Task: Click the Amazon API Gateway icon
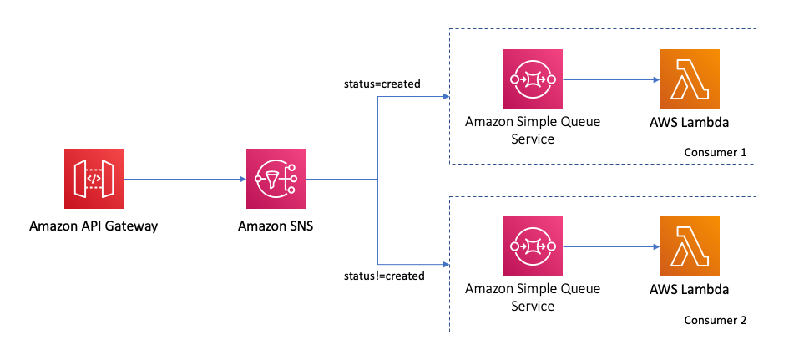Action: pyautogui.click(x=94, y=179)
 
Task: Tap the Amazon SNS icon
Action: pyautogui.click(x=276, y=179)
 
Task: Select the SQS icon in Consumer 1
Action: pyautogui.click(x=533, y=79)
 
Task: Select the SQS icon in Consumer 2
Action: pyautogui.click(x=533, y=246)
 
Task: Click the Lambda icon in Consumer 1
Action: pyautogui.click(x=689, y=79)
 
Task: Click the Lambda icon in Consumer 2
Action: pyautogui.click(x=689, y=246)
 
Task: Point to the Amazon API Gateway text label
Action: pyautogui.click(x=94, y=226)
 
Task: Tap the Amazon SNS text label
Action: pyautogui.click(x=276, y=226)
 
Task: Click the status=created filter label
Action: pyautogui.click(x=382, y=84)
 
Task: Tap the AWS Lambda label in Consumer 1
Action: pyautogui.click(x=689, y=122)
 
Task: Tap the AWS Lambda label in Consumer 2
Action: pyautogui.click(x=689, y=289)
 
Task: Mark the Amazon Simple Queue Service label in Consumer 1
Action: pyautogui.click(x=533, y=130)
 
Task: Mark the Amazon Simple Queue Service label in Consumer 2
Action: pyautogui.click(x=533, y=297)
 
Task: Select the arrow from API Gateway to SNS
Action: pyautogui.click(x=184, y=179)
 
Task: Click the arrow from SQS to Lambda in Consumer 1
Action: pyautogui.click(x=609, y=80)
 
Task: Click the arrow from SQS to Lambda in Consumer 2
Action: pyautogui.click(x=609, y=247)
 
